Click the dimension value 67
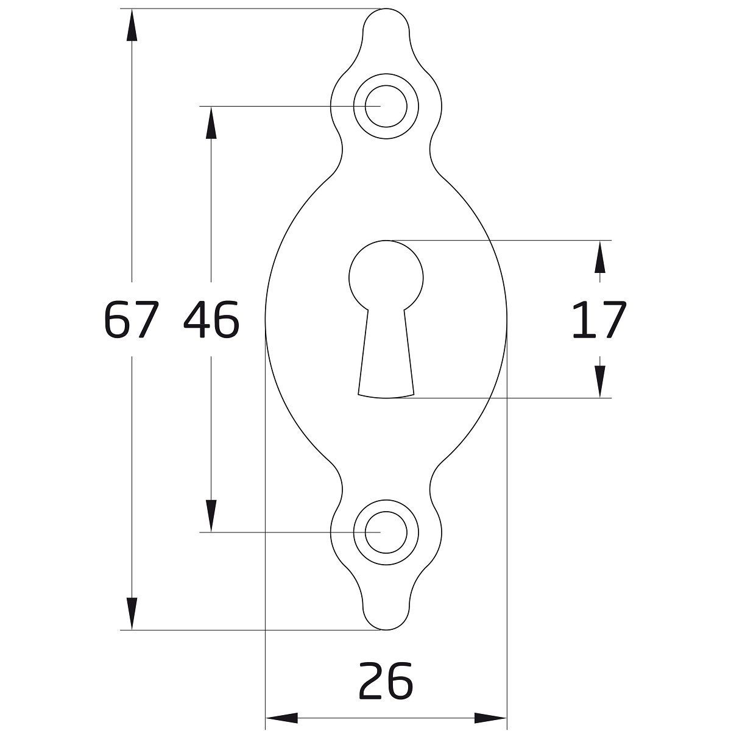pos(131,319)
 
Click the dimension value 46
pos(211,319)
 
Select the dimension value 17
pos(599,319)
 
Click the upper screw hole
pos(386,106)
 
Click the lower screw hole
pos(386,532)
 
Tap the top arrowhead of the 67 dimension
pos(132,24)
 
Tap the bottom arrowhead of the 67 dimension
pos(132,614)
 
